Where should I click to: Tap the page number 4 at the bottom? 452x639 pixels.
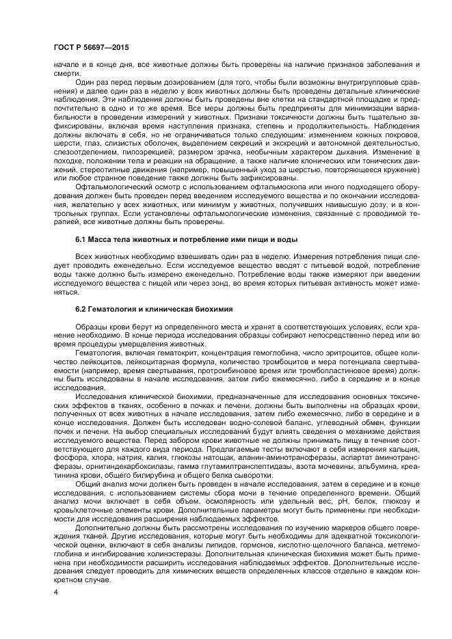(x=55, y=593)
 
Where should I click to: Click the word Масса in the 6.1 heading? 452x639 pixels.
(x=105, y=240)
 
